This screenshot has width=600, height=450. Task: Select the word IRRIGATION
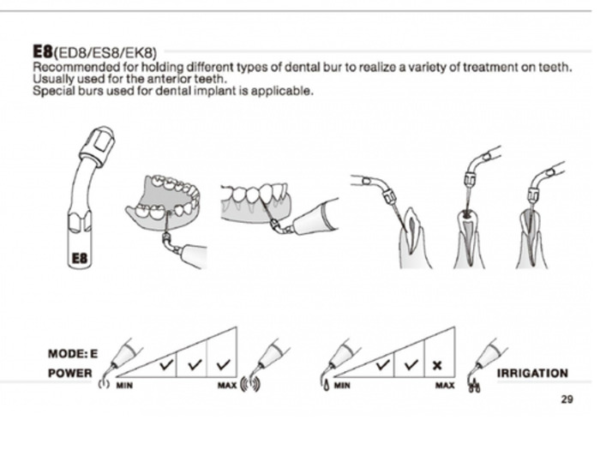tap(532, 373)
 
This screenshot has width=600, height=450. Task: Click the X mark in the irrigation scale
tap(437, 366)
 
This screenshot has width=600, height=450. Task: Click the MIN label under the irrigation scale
tap(342, 387)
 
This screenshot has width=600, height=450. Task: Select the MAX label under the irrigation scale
tap(445, 387)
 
